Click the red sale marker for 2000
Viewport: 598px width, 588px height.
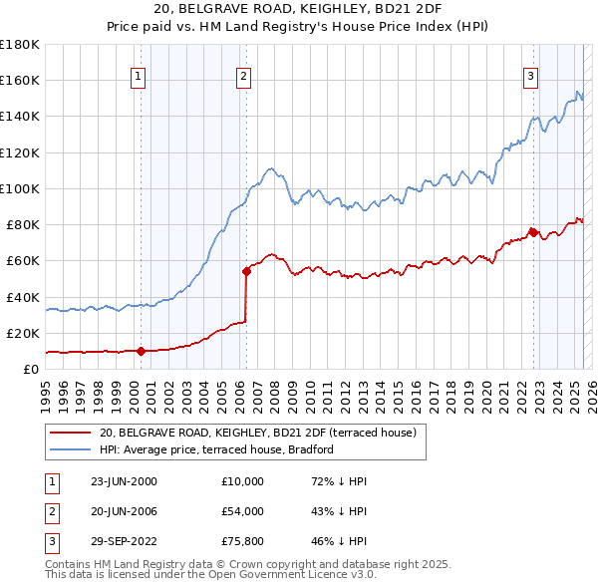pyautogui.click(x=141, y=351)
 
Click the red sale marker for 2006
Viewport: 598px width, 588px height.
pyautogui.click(x=246, y=270)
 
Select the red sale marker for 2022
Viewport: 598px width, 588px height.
pyautogui.click(x=533, y=231)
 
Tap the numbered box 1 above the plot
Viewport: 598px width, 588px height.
pyautogui.click(x=138, y=75)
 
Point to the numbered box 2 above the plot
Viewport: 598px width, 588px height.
pyautogui.click(x=243, y=75)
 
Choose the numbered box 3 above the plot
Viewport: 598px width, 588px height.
pyautogui.click(x=531, y=75)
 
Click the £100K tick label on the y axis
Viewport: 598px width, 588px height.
pyautogui.click(x=19, y=188)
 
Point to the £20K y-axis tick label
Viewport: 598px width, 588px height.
pyautogui.click(x=23, y=333)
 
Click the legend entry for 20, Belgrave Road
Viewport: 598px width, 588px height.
pyautogui.click(x=263, y=433)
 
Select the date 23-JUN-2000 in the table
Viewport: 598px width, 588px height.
pyautogui.click(x=124, y=481)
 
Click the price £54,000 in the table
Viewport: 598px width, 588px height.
pyautogui.click(x=243, y=511)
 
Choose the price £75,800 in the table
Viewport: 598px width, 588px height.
pyautogui.click(x=243, y=541)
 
